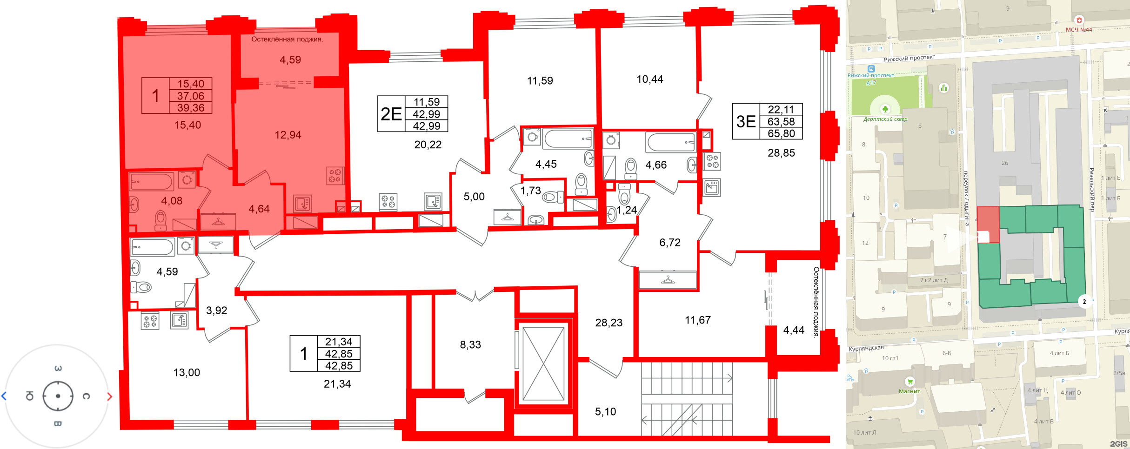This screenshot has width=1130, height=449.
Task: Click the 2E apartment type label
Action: pyautogui.click(x=391, y=114)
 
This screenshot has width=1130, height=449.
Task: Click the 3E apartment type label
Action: pyautogui.click(x=746, y=121)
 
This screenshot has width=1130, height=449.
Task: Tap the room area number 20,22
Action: pyautogui.click(x=428, y=145)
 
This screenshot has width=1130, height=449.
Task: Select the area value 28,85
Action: pyautogui.click(x=781, y=153)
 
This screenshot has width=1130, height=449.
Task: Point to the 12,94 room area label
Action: pyautogui.click(x=288, y=135)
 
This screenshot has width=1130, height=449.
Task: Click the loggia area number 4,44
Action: pyautogui.click(x=794, y=330)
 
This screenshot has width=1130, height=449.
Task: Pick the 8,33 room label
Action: pyautogui.click(x=470, y=344)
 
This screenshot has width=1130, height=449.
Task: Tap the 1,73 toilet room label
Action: pyautogui.click(x=530, y=191)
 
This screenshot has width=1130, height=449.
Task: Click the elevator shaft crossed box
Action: pyautogui.click(x=543, y=363)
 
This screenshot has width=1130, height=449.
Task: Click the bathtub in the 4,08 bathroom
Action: pyautogui.click(x=152, y=181)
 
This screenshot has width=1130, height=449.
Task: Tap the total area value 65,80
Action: pyautogui.click(x=781, y=133)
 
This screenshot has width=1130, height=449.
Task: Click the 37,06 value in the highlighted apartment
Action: pyautogui.click(x=191, y=96)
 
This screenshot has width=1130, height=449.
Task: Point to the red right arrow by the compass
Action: pyautogui.click(x=110, y=396)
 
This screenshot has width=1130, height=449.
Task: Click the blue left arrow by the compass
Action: pyautogui.click(x=4, y=396)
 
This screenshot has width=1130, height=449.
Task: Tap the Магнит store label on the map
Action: pyautogui.click(x=909, y=391)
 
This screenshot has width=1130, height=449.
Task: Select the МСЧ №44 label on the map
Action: pyautogui.click(x=1079, y=30)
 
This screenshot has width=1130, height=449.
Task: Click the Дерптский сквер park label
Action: pyautogui.click(x=885, y=119)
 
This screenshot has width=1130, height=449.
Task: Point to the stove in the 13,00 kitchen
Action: pyautogui.click(x=150, y=321)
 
